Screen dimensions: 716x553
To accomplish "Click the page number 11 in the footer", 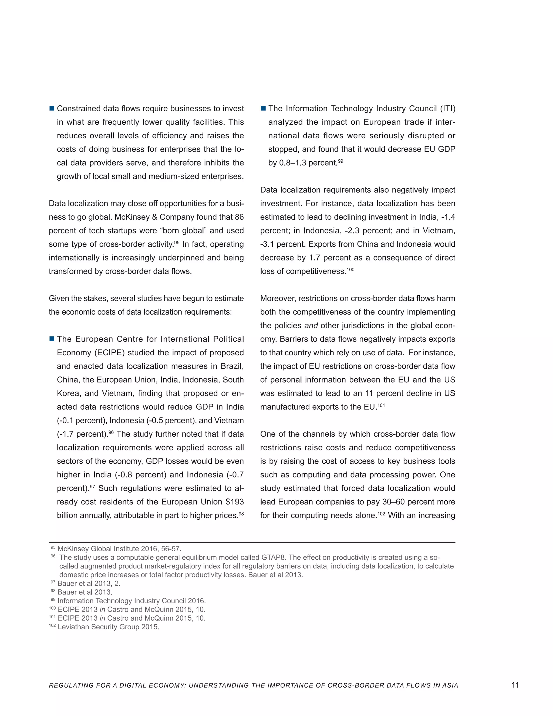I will [x=515, y=685].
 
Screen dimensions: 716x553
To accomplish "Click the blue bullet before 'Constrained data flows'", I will [x=52, y=109].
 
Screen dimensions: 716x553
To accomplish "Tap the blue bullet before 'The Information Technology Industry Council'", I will [x=263, y=109].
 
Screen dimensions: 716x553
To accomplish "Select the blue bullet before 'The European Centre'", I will [x=52, y=339].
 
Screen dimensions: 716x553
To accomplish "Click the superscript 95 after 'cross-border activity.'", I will [x=177, y=242].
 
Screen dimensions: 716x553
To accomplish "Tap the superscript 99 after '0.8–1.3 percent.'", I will [x=340, y=161].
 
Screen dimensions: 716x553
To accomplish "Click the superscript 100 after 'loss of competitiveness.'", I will [x=350, y=269].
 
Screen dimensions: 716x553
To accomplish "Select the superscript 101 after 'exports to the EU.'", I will [x=381, y=405].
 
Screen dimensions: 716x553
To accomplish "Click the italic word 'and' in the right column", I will [x=311, y=326].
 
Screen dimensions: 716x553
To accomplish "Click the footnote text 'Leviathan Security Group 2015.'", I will [x=108, y=627].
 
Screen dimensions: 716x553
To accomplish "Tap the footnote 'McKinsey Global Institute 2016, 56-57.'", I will [x=119, y=549].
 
